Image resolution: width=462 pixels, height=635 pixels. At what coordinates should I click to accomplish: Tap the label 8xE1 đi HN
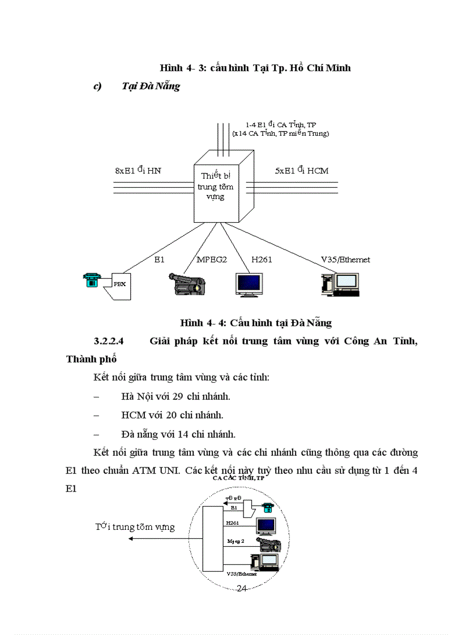tap(138, 170)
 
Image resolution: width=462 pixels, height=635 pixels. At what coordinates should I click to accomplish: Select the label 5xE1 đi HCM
tap(302, 170)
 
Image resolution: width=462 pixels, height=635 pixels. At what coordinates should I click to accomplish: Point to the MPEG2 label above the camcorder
tap(211, 260)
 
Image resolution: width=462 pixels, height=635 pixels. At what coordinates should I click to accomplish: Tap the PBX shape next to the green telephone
tap(119, 284)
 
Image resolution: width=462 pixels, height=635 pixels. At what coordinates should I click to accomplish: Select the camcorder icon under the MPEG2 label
tap(187, 283)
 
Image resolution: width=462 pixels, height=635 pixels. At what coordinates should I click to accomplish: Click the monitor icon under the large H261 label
tap(249, 284)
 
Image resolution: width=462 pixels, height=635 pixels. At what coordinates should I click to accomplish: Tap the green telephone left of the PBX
tap(91, 280)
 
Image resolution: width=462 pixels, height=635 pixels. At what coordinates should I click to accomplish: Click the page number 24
tap(241, 589)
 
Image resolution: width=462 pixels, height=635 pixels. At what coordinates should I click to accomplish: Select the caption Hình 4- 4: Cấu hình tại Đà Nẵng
tap(255, 323)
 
